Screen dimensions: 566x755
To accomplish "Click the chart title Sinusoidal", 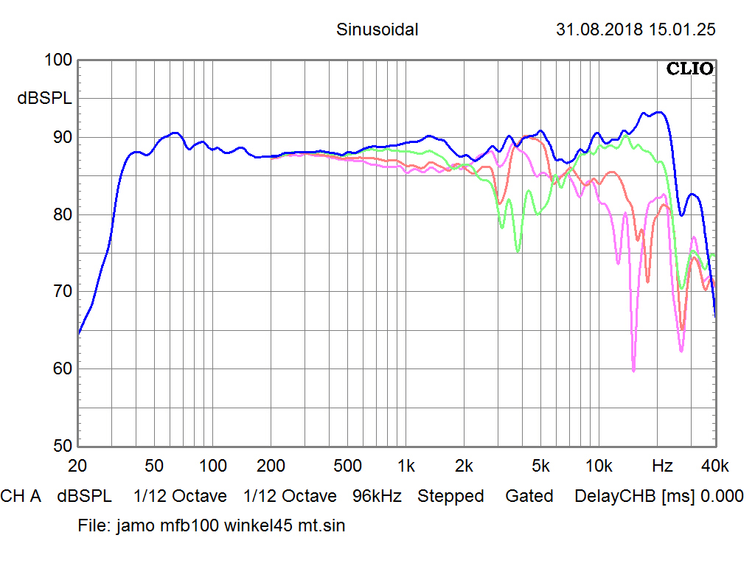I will click(377, 30).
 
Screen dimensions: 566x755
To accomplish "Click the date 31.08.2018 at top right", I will click(599, 30).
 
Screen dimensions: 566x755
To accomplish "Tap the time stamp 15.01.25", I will click(682, 30).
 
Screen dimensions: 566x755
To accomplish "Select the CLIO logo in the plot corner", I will click(689, 69).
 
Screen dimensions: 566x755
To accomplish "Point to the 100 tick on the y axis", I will click(58, 61).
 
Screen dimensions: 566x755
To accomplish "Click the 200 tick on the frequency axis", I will click(271, 466).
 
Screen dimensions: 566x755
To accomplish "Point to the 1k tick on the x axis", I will click(406, 466).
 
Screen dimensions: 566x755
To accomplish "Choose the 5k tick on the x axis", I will click(541, 466).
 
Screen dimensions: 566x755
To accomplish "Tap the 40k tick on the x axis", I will click(714, 466).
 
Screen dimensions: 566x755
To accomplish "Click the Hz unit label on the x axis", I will click(662, 466).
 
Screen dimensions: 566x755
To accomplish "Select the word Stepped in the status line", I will click(450, 497).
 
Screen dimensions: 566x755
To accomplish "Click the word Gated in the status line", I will click(529, 497).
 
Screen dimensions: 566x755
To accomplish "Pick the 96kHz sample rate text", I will click(377, 497).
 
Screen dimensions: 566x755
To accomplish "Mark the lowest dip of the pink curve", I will click(633, 371).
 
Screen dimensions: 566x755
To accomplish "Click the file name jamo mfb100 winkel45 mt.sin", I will click(230, 526).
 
